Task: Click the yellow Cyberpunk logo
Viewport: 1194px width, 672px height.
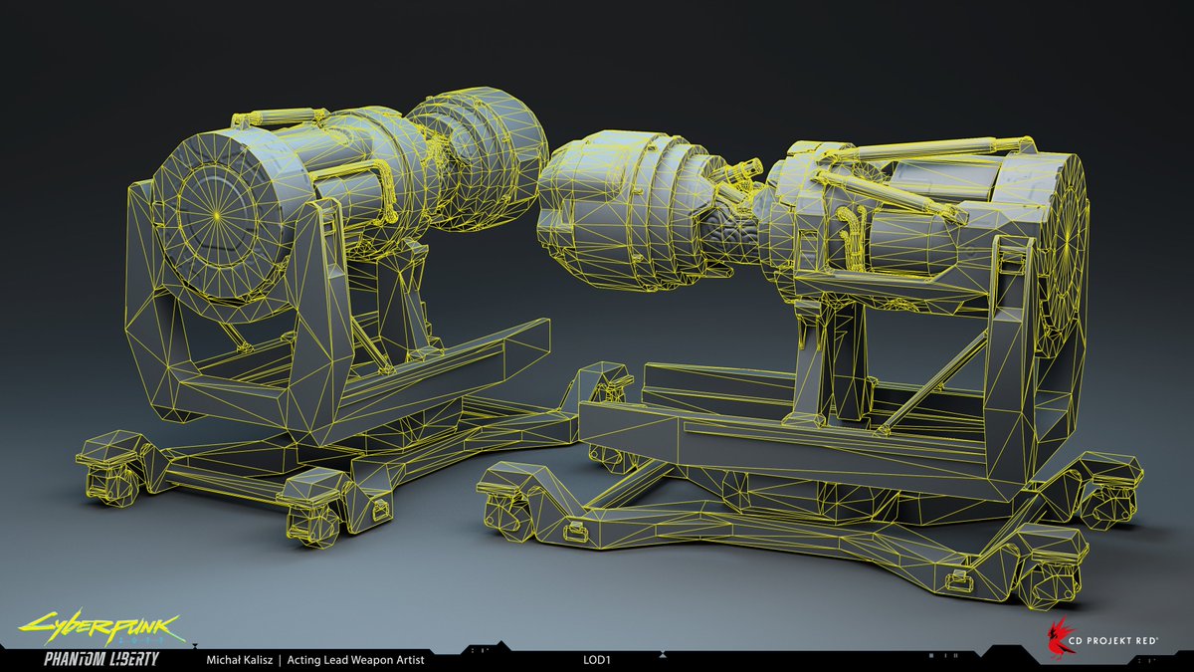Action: point(99,629)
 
